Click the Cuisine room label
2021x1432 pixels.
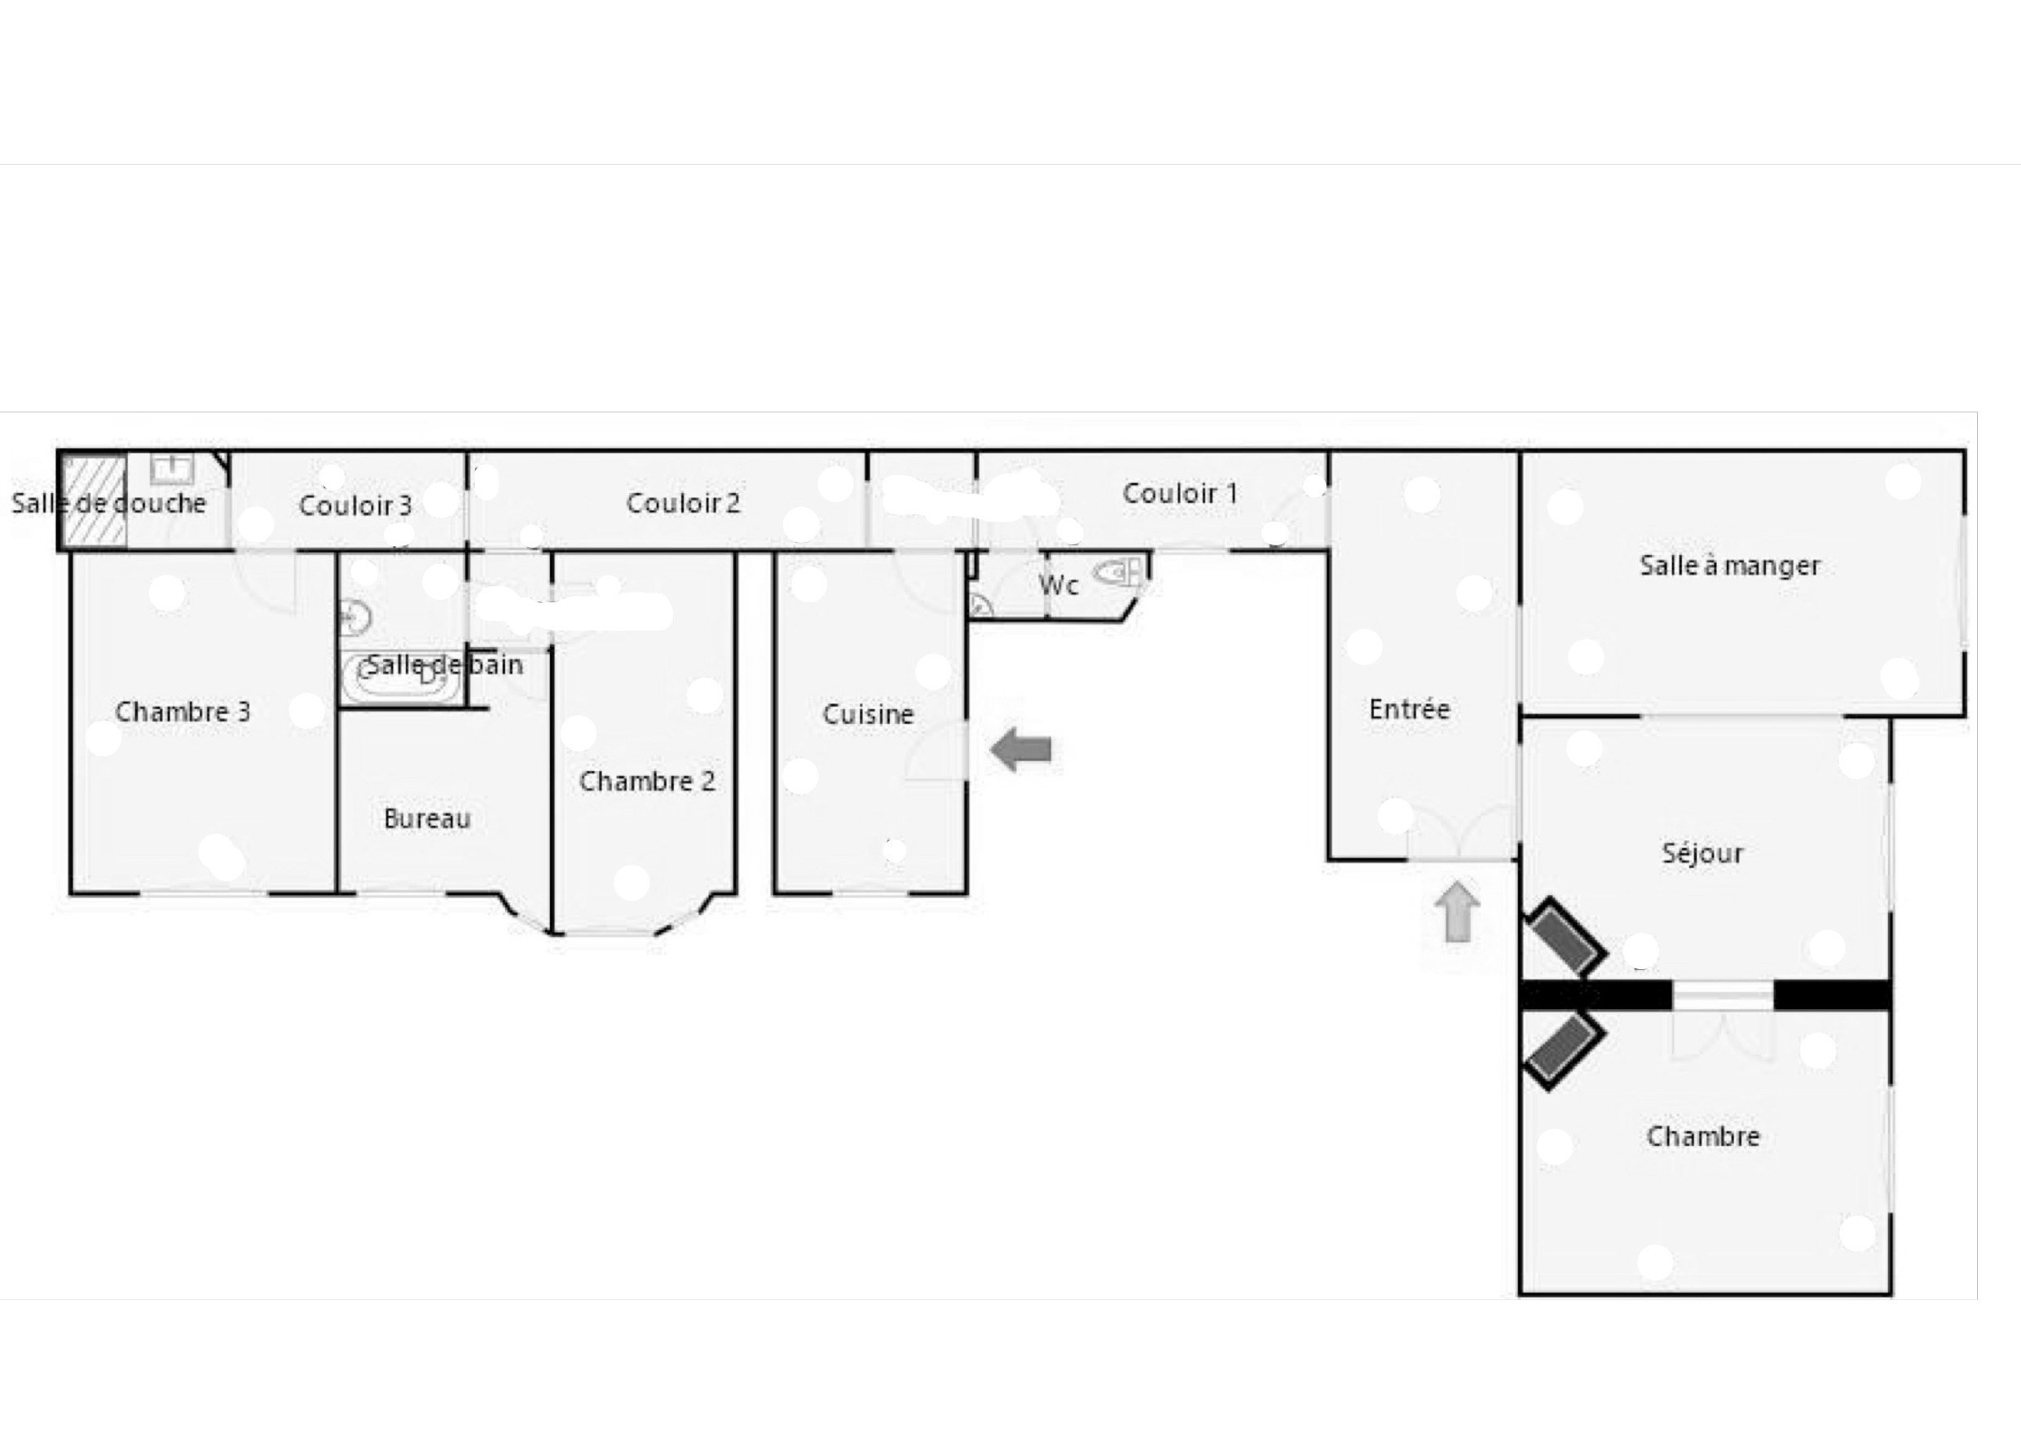click(868, 714)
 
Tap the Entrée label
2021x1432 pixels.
click(1409, 709)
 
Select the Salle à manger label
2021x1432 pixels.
click(1729, 565)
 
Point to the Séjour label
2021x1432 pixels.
click(1702, 853)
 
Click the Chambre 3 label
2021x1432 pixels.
click(183, 712)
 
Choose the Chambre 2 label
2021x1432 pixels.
click(646, 782)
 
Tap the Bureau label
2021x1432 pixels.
click(427, 819)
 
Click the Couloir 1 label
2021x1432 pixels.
click(1180, 494)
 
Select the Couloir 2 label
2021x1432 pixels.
click(682, 504)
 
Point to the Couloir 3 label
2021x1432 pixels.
click(355, 505)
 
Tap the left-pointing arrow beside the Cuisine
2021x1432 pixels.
click(1020, 751)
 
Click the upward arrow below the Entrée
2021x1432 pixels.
click(1457, 911)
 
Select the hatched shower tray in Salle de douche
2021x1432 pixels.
click(94, 502)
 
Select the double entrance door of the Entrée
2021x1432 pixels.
click(1460, 833)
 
